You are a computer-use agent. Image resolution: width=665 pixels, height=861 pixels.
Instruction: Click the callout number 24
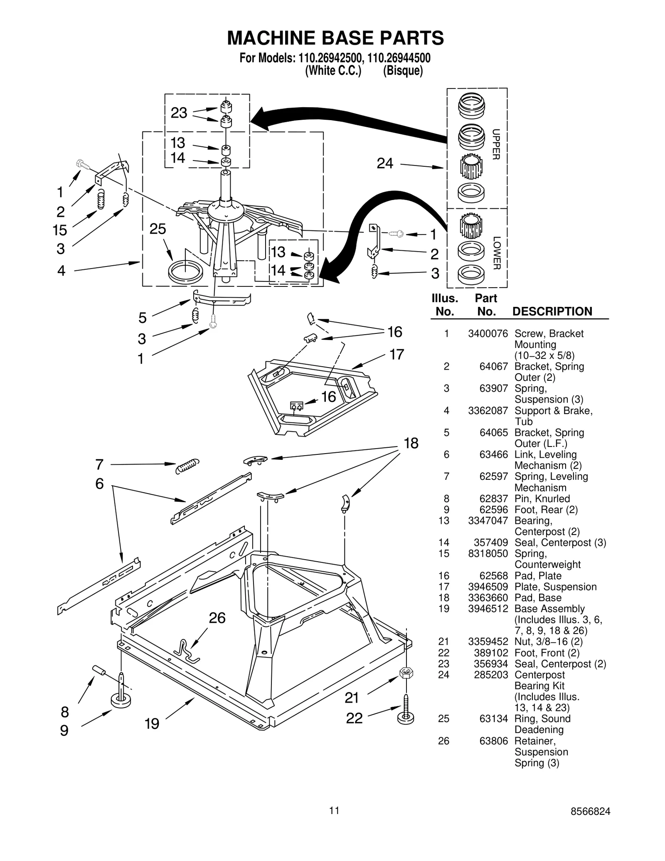point(384,163)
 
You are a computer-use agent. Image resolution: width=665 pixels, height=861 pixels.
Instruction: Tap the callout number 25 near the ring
point(158,229)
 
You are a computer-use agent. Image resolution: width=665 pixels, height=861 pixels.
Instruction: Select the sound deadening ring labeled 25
point(185,271)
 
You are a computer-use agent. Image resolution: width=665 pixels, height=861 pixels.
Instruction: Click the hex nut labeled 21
point(406,673)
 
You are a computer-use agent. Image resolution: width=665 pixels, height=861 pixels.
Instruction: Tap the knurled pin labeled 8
point(99,670)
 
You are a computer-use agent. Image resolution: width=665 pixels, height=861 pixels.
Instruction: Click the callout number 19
point(152,724)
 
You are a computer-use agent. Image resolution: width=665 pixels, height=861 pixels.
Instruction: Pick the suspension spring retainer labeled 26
point(186,651)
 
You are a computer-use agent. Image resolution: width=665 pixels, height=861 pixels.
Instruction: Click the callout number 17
point(397,355)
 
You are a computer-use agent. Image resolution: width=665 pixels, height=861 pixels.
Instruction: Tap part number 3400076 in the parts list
point(488,333)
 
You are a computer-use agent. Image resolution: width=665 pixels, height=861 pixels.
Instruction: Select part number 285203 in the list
point(490,675)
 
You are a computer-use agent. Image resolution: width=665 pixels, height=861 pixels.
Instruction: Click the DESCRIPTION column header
point(552,311)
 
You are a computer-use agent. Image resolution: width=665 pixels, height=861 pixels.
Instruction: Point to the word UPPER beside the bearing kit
point(496,144)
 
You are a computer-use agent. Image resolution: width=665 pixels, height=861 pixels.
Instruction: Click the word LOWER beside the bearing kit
point(496,253)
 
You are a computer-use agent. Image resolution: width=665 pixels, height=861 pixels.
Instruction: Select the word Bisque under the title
point(402,71)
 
